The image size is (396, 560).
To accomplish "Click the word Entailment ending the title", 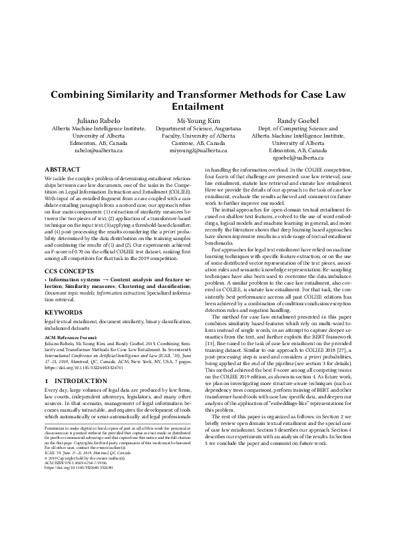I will coord(198,106).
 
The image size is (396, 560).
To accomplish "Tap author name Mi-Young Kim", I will coord(198,120).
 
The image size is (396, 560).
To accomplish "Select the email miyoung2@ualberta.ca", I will coord(198,151).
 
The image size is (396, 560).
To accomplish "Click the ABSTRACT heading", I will coord(61,170).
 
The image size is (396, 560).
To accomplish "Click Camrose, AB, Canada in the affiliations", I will coord(198,143).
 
